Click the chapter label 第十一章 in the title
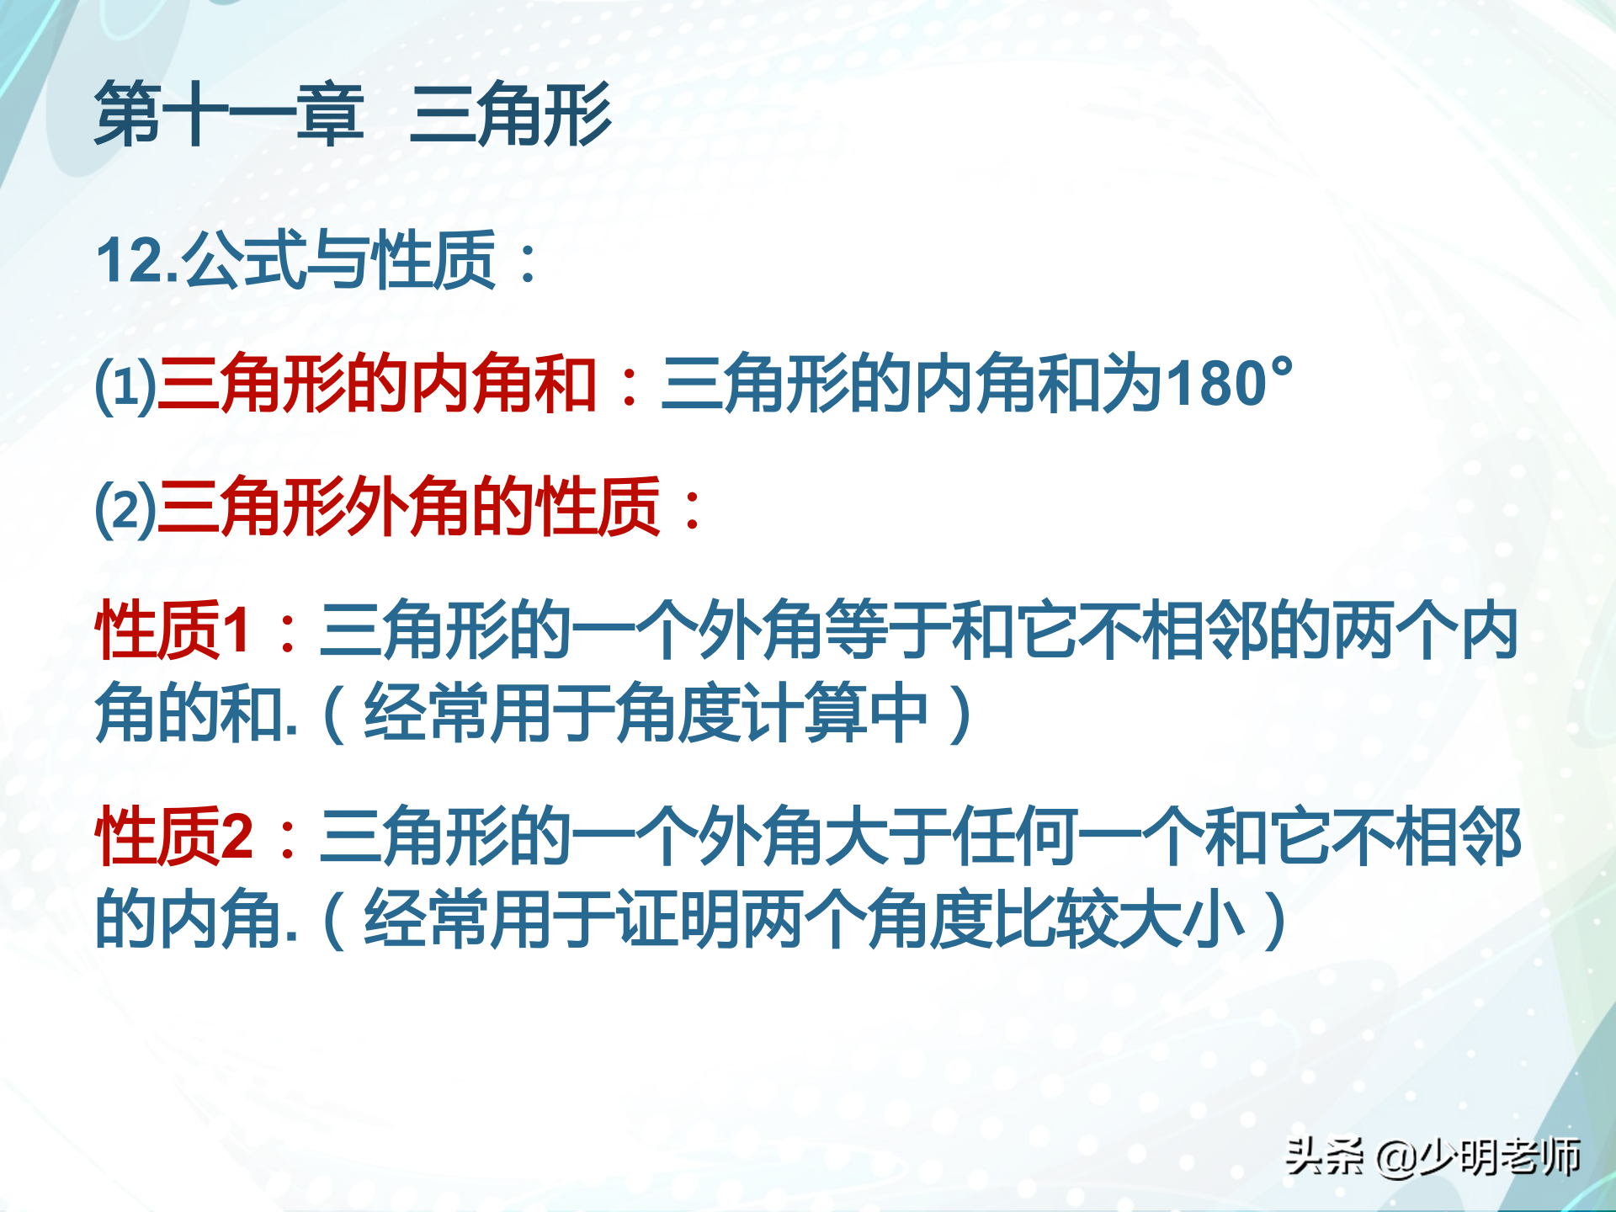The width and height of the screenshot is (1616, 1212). [229, 114]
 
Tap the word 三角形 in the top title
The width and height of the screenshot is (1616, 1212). [511, 114]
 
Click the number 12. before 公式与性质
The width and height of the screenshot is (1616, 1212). [138, 260]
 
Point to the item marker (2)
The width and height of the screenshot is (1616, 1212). [125, 508]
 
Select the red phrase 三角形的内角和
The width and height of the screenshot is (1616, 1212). [377, 384]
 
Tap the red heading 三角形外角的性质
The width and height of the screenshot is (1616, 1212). [409, 507]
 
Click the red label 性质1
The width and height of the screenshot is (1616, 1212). [173, 630]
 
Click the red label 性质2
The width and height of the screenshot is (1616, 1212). [173, 836]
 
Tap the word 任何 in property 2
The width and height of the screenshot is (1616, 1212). [1013, 836]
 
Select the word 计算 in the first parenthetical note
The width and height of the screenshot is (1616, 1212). [804, 712]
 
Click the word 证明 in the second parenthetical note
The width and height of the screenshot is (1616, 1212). [678, 918]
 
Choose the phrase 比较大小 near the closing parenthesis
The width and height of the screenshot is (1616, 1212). [1119, 918]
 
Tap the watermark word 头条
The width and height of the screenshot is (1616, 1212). [1324, 1156]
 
